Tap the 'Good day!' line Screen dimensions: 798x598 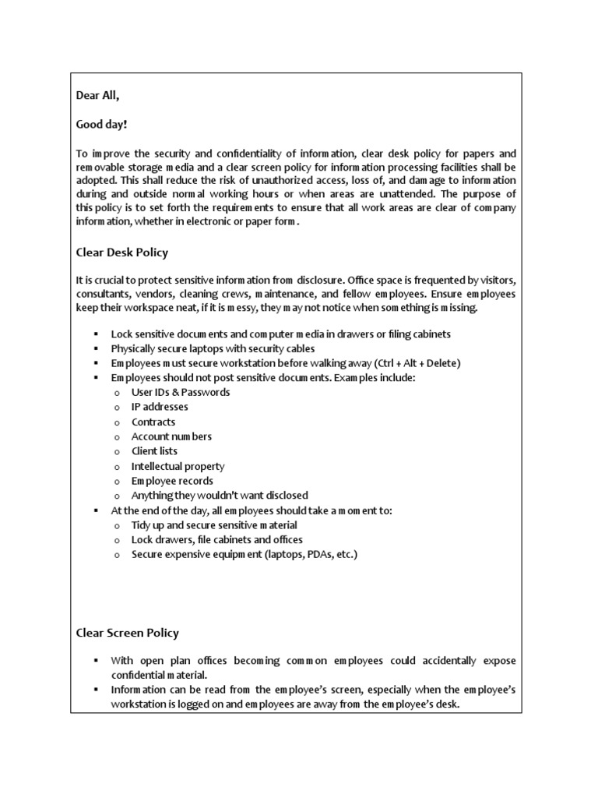pos(101,124)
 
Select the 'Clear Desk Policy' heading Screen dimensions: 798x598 pos(121,252)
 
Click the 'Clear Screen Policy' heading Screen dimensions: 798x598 pos(127,633)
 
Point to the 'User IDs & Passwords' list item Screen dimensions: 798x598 pos(181,392)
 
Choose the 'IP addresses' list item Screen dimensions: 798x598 pos(160,407)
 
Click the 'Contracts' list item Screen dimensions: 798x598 pos(153,422)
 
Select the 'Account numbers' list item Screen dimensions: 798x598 pos(171,436)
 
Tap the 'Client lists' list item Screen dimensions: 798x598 pos(154,451)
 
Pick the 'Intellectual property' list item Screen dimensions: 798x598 pos(178,466)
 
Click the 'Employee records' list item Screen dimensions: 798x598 pos(172,481)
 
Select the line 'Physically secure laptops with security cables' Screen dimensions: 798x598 pos(213,348)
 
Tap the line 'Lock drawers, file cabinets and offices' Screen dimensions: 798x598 pos(217,539)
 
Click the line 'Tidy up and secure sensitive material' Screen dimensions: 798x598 pos(214,524)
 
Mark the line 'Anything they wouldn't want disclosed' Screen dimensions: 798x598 pos(220,495)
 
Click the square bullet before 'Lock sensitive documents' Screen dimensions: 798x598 pos(95,334)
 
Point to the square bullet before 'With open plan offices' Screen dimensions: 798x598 pos(95,661)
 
